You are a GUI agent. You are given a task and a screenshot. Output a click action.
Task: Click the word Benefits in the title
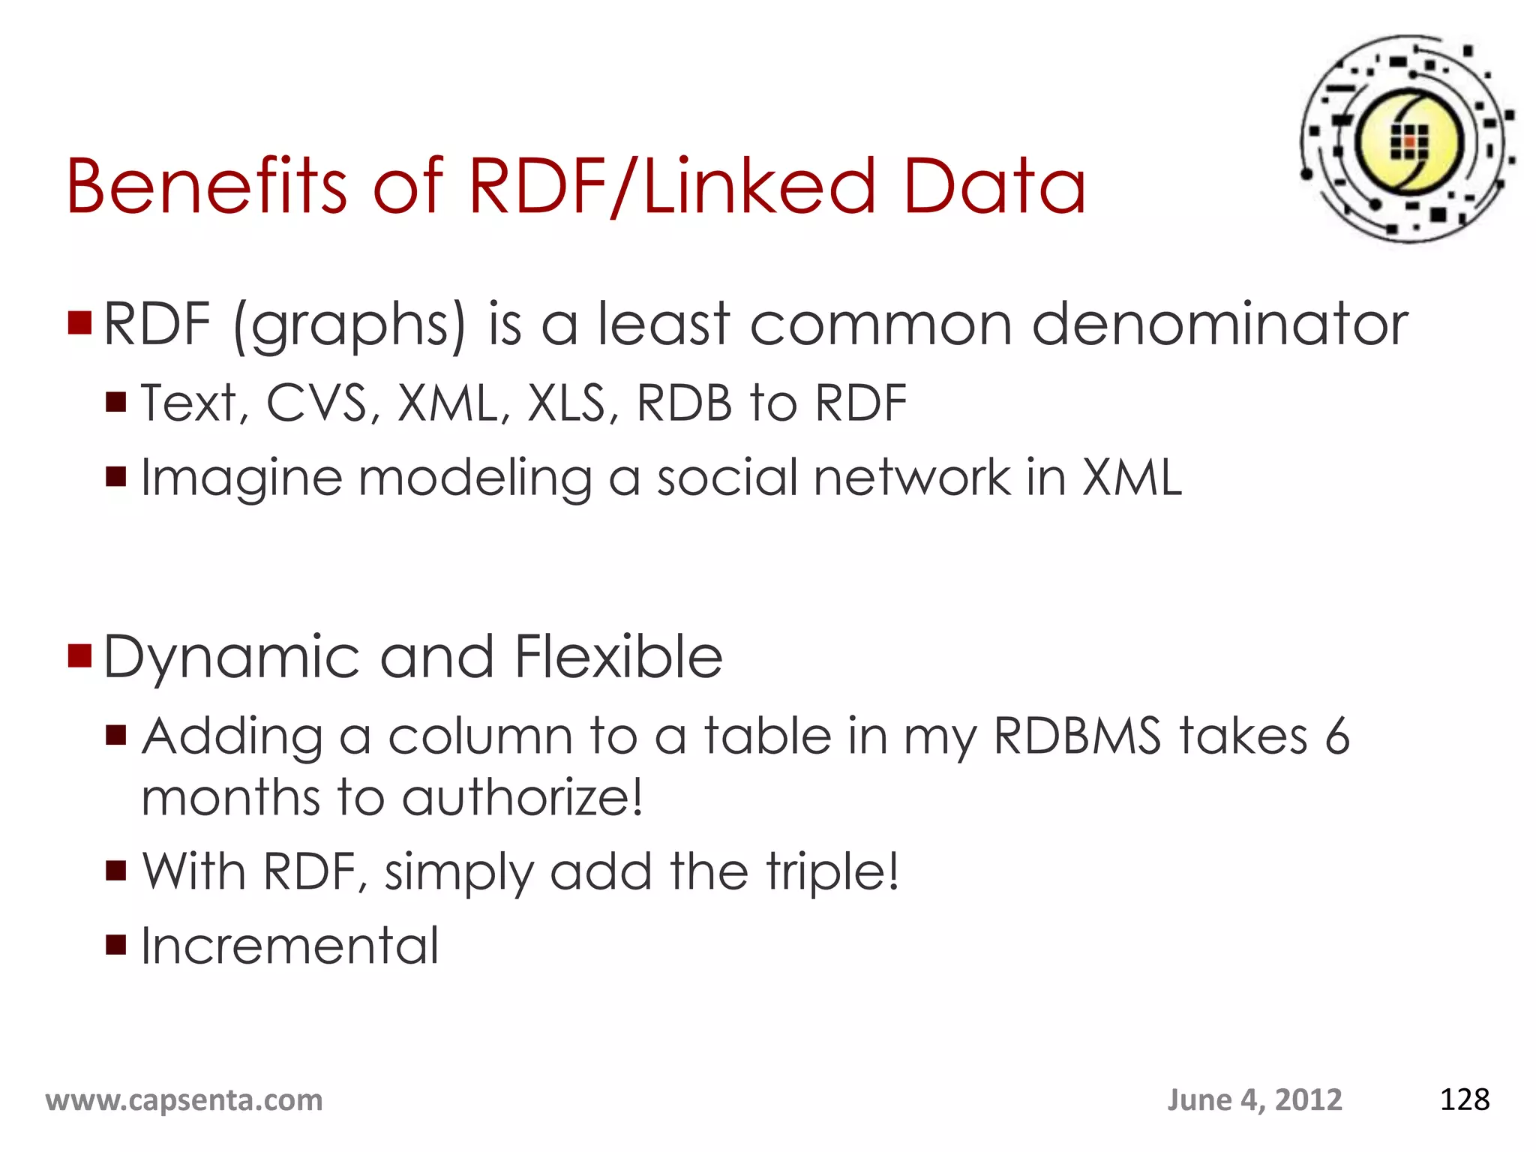coord(206,186)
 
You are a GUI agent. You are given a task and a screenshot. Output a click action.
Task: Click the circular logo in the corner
coord(1408,139)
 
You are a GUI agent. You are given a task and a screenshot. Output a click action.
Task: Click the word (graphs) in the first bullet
coord(349,325)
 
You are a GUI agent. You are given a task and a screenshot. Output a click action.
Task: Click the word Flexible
coord(619,656)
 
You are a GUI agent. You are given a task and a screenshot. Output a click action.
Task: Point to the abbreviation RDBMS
coord(1077,736)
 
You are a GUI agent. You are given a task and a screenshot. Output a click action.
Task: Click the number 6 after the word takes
coord(1337,736)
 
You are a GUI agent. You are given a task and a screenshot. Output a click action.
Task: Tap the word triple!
coord(832,872)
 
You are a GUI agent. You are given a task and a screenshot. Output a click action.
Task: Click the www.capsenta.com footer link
coord(184,1100)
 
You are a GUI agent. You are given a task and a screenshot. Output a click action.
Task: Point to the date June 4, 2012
coord(1254,1100)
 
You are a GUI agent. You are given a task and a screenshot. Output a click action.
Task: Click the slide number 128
coord(1464,1100)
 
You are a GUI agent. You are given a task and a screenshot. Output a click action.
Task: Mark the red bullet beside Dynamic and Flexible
coord(79,655)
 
